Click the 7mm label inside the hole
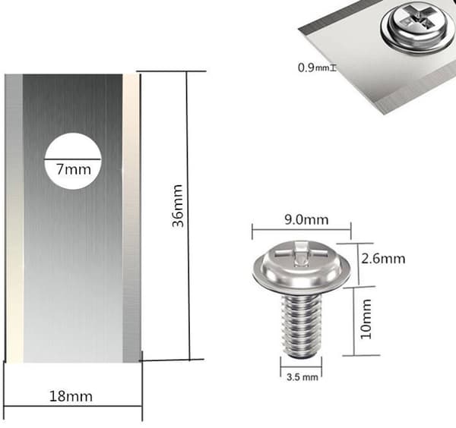pos(74,169)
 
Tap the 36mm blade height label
pos(178,206)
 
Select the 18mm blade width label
pos(71,396)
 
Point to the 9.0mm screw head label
pos(306,219)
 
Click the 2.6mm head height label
pos(383,259)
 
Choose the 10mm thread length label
pos(366,319)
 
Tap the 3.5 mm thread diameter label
pos(302,377)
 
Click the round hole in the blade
pos(73,162)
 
